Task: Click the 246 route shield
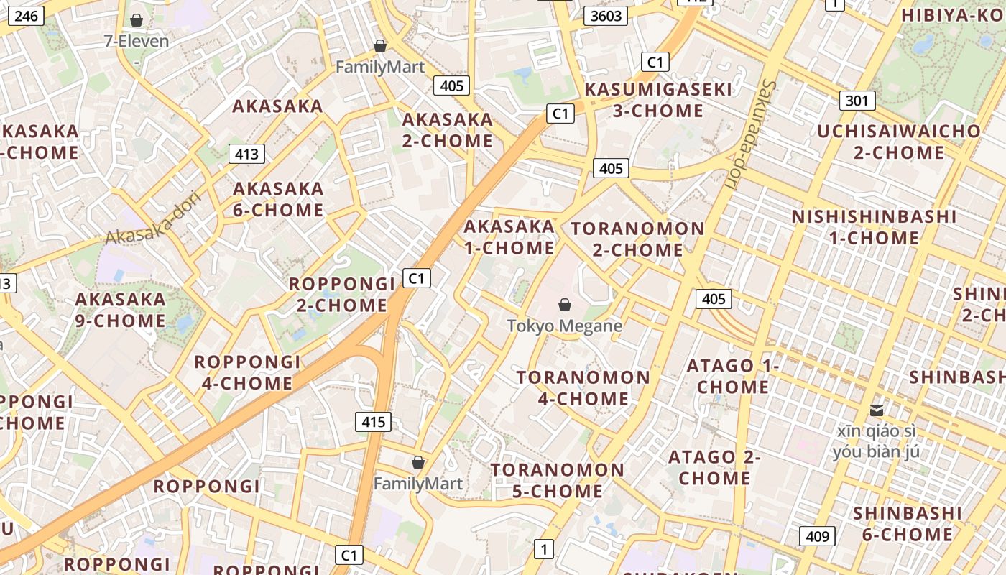(x=27, y=16)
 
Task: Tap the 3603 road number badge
(x=604, y=16)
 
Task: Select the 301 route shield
(x=857, y=101)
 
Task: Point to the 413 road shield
(x=246, y=154)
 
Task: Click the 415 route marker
(x=374, y=422)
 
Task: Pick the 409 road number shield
(x=817, y=536)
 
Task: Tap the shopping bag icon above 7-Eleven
(x=137, y=21)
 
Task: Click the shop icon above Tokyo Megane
(x=565, y=305)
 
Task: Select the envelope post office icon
(x=877, y=410)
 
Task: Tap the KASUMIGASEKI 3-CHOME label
(x=658, y=100)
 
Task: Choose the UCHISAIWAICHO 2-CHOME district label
(x=899, y=142)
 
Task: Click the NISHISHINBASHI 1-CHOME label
(x=874, y=227)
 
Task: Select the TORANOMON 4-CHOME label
(x=583, y=388)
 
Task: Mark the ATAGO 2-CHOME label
(x=714, y=467)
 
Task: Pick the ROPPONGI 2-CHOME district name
(x=342, y=294)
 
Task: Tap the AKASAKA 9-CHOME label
(x=121, y=310)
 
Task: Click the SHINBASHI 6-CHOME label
(x=907, y=523)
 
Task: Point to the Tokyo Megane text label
(x=565, y=326)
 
